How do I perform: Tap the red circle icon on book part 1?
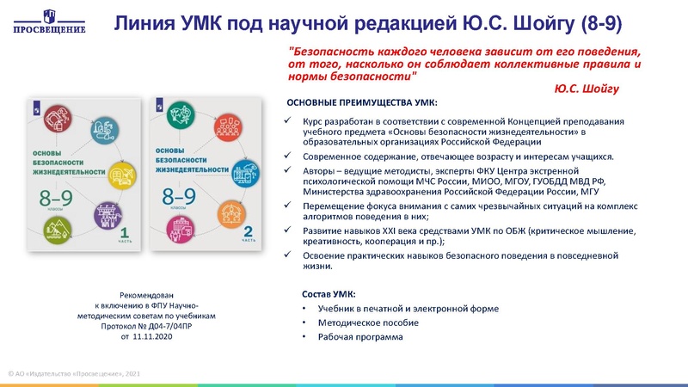tap(59, 119)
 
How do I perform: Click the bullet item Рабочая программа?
tap(359, 336)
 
